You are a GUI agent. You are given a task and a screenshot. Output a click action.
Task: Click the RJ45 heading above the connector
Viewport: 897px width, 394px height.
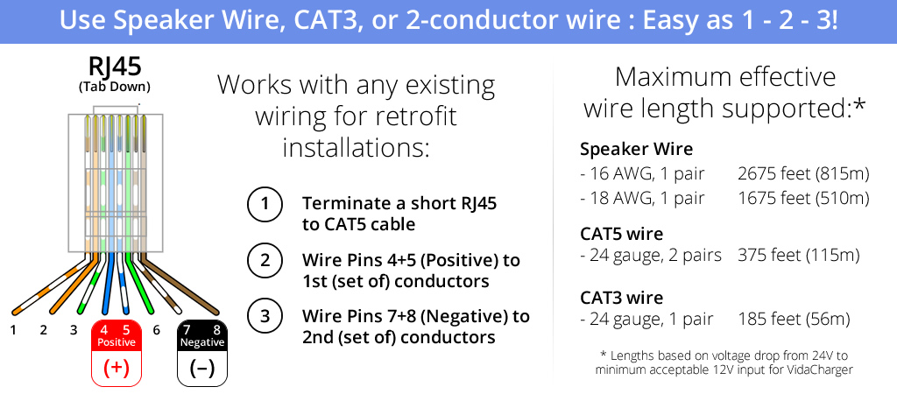click(115, 67)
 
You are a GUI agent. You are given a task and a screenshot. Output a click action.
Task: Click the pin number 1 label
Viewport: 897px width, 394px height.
click(13, 330)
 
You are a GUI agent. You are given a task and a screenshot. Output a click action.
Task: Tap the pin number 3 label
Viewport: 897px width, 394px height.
click(74, 330)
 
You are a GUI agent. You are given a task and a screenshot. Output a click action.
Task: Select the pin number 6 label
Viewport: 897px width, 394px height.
click(156, 330)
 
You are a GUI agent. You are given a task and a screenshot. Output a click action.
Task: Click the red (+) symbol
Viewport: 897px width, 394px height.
click(117, 368)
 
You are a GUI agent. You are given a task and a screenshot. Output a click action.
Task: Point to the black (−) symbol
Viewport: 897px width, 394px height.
click(201, 368)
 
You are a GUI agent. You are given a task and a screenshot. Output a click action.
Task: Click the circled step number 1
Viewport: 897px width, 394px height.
click(265, 205)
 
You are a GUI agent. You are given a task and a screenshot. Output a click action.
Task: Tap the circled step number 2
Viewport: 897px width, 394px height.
click(265, 261)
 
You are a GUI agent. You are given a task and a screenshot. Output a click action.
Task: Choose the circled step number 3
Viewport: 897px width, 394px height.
click(265, 316)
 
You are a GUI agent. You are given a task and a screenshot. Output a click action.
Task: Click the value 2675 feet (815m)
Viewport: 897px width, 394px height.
click(804, 174)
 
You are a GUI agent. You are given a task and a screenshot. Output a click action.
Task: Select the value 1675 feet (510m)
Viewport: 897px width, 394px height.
click(804, 199)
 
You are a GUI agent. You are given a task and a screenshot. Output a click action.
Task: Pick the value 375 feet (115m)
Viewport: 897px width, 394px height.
click(799, 255)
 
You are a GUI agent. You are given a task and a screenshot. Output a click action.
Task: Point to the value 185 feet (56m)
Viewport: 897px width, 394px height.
click(794, 319)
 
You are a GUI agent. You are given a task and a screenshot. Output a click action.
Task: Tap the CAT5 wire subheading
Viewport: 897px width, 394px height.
click(621, 234)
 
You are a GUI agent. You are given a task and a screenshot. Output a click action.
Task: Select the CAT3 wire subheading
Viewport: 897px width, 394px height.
click(621, 298)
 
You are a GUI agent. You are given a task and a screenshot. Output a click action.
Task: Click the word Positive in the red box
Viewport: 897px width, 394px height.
click(117, 342)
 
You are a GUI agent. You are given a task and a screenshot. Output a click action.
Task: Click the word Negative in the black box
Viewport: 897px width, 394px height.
click(202, 342)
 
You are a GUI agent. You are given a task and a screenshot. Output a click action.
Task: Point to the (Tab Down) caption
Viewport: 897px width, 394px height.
click(115, 88)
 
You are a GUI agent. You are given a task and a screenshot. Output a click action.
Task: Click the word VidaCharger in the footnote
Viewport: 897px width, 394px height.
click(823, 370)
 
